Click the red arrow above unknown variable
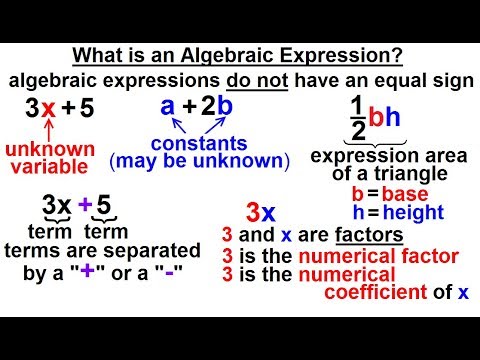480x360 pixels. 46,132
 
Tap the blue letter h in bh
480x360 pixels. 393,118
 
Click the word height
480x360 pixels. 420,212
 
